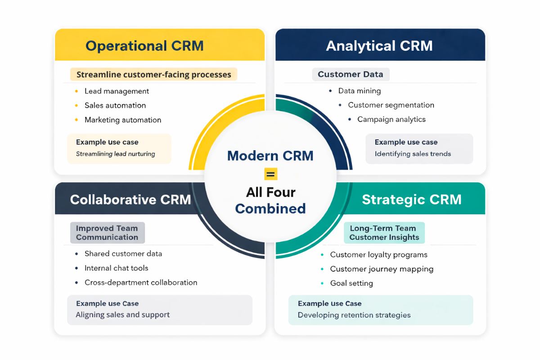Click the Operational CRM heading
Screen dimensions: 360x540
[144, 46]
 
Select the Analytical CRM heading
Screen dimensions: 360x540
[379, 46]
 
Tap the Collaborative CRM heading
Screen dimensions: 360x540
[130, 200]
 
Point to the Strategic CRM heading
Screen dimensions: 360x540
[412, 200]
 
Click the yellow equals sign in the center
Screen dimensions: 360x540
[271, 174]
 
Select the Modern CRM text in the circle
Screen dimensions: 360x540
[270, 156]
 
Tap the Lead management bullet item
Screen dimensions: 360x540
[117, 91]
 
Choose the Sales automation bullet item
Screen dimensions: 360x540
[115, 106]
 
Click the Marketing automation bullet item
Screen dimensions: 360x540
[123, 120]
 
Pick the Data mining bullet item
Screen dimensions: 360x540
[360, 91]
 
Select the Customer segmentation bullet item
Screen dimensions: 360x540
[391, 105]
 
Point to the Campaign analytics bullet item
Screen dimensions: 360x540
[391, 120]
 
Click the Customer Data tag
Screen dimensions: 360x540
[351, 75]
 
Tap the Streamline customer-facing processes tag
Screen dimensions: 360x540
[153, 75]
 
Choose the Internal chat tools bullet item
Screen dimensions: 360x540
[116, 268]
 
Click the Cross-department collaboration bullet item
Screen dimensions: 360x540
[141, 283]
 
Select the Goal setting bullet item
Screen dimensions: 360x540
[351, 283]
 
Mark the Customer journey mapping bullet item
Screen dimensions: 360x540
[382, 269]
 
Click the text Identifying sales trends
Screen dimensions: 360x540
[413, 154]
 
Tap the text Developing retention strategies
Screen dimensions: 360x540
[354, 315]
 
